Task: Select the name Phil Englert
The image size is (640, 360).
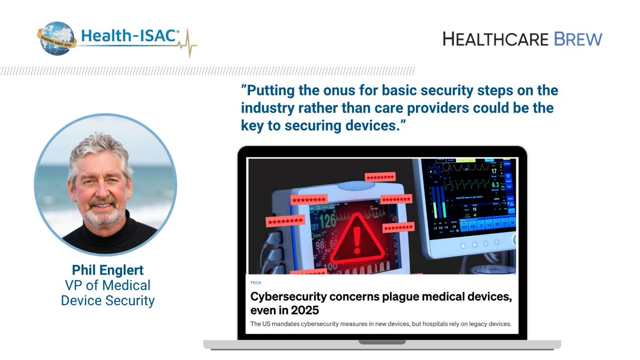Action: click(107, 270)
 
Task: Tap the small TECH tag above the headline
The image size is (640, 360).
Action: click(255, 283)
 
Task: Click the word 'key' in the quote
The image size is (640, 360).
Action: click(252, 126)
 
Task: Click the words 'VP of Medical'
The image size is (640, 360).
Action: click(107, 285)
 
